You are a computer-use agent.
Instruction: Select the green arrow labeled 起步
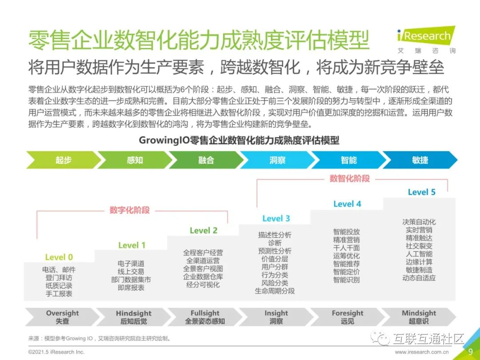tap(64, 160)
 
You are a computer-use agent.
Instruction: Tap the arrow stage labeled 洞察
tap(277, 160)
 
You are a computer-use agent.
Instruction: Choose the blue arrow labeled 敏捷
tap(420, 160)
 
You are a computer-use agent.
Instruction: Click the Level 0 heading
tap(59, 257)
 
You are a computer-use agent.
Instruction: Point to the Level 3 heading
tap(276, 218)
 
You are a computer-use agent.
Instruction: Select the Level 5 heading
tap(422, 192)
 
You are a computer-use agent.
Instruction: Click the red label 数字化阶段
tap(129, 210)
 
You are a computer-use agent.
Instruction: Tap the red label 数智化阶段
tap(349, 179)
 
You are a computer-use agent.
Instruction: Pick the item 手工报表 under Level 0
tap(59, 294)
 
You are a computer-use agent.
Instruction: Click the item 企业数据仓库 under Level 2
tap(203, 276)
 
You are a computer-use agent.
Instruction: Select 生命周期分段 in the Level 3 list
tap(275, 291)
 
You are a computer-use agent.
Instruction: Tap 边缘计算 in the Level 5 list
tap(419, 261)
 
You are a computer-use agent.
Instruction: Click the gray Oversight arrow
tap(63, 316)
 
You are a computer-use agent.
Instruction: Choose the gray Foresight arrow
tap(348, 316)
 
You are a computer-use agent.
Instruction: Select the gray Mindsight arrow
tap(419, 316)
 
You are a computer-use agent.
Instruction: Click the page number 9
tap(470, 352)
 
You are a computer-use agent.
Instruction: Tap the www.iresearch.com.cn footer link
tap(422, 352)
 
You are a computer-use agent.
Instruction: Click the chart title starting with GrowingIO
tap(239, 140)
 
